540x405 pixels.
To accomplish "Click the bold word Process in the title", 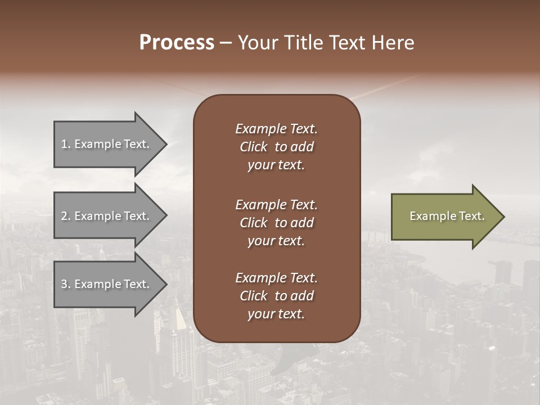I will pyautogui.click(x=177, y=43).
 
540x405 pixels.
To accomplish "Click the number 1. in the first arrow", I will pyautogui.click(x=66, y=144).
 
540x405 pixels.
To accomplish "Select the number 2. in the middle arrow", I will pyautogui.click(x=66, y=216).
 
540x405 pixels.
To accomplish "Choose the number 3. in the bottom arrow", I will pyautogui.click(x=66, y=284).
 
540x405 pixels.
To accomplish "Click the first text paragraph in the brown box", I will pyautogui.click(x=276, y=147).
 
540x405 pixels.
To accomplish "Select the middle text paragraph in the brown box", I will pyautogui.click(x=276, y=223).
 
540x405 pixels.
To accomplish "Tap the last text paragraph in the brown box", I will pyautogui.click(x=276, y=296).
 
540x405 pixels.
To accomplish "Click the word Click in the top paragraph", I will pyautogui.click(x=253, y=147).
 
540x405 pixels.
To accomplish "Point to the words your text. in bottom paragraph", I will pyautogui.click(x=276, y=314).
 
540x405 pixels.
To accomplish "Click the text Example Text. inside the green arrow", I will pyautogui.click(x=447, y=216).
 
